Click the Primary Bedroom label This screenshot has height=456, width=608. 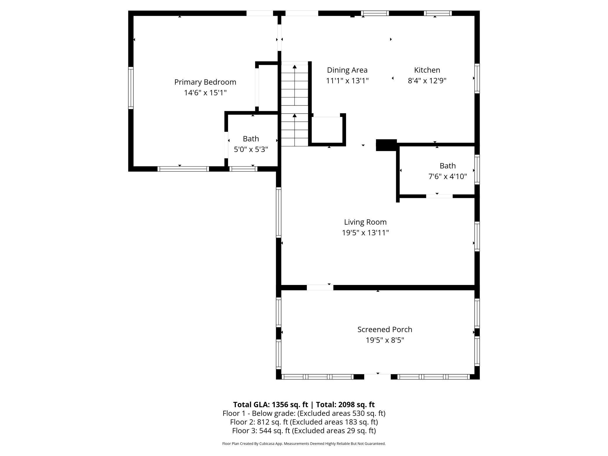tap(205, 82)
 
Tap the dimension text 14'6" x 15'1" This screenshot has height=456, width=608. tap(205, 93)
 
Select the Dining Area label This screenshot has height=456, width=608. tap(347, 70)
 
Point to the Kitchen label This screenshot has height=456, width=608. tap(427, 70)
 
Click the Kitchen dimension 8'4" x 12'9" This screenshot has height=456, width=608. tap(427, 81)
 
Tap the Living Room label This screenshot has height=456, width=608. tap(365, 222)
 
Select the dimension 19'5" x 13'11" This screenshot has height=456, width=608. tap(365, 233)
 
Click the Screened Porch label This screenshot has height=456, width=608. tap(385, 329)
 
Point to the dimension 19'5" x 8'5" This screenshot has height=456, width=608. tap(385, 340)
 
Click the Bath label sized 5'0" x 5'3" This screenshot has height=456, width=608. tap(251, 139)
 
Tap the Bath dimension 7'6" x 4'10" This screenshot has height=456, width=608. tap(448, 177)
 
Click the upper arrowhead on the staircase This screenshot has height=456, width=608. tap(295, 67)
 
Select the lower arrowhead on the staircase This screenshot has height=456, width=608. tap(295, 116)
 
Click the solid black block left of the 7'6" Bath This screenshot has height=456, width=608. tap(386, 145)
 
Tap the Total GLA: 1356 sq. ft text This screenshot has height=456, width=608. tap(270, 405)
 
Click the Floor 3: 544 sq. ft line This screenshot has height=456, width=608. tap(304, 431)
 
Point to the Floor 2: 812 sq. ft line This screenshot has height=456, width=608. tap(304, 422)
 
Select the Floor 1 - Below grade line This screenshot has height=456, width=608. tap(304, 413)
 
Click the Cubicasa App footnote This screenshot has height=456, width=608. tap(304, 444)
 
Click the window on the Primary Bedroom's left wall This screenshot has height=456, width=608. tap(131, 88)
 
